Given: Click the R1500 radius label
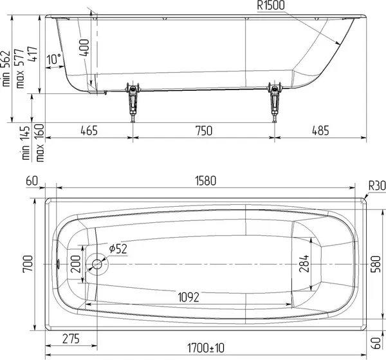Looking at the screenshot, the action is [271, 5].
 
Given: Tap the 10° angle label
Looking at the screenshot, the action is [54, 59].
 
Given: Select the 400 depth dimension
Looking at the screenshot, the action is [84, 47].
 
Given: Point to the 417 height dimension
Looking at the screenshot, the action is [32, 54].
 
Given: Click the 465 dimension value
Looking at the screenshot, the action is [89, 130].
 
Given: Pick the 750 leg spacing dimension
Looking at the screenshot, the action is [204, 130].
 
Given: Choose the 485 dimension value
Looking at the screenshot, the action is [320, 130].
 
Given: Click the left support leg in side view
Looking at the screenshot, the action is [133, 102].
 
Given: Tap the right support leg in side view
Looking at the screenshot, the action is [275, 102].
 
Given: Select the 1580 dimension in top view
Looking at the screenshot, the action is [206, 181].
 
